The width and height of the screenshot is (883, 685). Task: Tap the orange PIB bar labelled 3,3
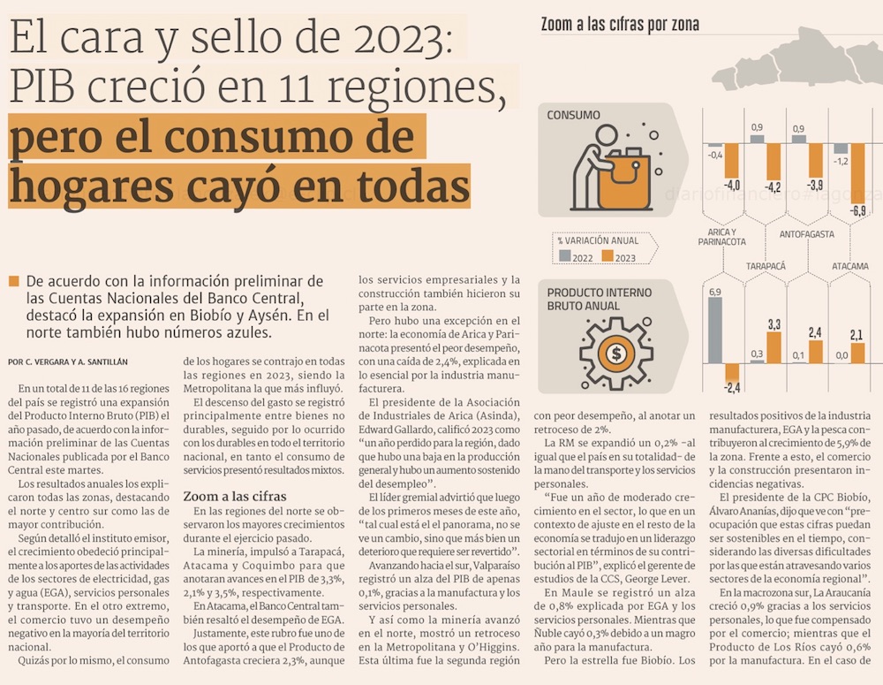point(774,347)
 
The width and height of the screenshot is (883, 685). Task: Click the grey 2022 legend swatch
point(564,256)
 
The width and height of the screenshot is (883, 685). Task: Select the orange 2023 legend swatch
point(608,256)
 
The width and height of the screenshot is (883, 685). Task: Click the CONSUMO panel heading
point(573,115)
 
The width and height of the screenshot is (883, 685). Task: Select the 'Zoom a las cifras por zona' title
point(619,25)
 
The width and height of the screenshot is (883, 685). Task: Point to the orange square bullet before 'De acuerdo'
point(12,281)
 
